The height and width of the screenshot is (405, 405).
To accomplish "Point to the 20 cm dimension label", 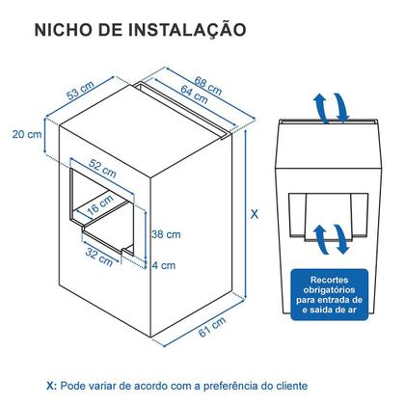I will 28,134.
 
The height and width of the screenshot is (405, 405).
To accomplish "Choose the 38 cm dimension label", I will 165,234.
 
